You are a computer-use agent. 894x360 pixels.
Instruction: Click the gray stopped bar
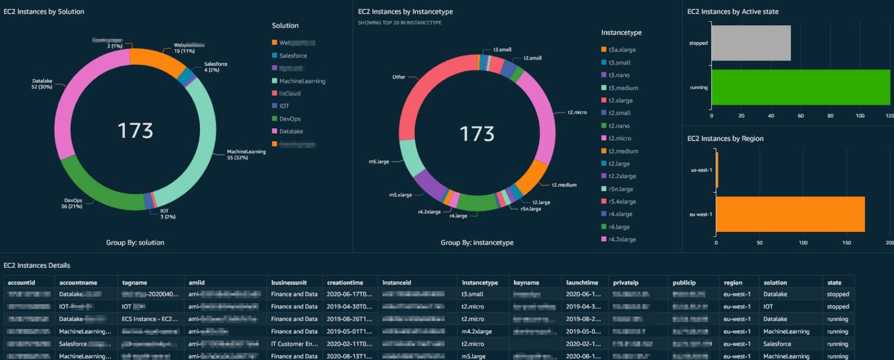(751, 43)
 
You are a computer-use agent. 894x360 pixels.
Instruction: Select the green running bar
(800, 87)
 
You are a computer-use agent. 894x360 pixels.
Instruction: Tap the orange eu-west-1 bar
(790, 214)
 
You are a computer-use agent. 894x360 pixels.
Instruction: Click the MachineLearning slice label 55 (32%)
(246, 154)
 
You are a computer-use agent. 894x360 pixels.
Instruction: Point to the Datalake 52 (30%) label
(42, 84)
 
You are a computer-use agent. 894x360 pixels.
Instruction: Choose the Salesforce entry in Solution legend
(293, 55)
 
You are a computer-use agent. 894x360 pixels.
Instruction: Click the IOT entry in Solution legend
(284, 106)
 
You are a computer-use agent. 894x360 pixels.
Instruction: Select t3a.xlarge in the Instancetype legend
(622, 50)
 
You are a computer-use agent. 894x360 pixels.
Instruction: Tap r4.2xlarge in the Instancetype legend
(622, 239)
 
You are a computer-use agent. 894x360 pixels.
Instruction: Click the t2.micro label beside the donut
(577, 112)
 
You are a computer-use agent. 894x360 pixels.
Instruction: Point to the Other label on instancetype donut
(399, 77)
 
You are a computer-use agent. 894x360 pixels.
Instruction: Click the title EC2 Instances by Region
(725, 138)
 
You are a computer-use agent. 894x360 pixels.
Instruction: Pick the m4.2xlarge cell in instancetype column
(476, 331)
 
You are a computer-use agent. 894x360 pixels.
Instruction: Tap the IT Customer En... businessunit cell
(294, 344)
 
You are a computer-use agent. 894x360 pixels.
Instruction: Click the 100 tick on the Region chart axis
(803, 243)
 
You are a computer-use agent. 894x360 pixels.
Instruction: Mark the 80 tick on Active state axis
(830, 116)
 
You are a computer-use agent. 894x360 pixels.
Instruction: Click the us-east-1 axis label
(701, 170)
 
